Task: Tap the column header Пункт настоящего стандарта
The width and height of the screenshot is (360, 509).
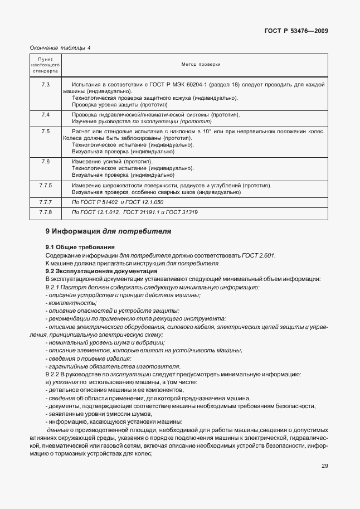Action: click(46, 65)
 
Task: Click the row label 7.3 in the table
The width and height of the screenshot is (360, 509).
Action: click(46, 84)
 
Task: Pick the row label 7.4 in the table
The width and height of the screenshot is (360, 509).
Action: click(46, 114)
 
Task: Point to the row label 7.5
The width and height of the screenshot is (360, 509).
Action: click(46, 130)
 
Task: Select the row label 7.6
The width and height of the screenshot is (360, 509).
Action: click(46, 161)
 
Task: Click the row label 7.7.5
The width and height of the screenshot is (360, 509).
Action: click(46, 185)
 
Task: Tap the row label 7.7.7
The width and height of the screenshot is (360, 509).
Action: click(46, 201)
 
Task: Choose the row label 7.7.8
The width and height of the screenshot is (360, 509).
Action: click(46, 212)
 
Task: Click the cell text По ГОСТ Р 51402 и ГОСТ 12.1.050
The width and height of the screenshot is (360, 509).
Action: click(118, 201)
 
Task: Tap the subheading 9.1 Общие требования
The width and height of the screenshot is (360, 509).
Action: click(80, 247)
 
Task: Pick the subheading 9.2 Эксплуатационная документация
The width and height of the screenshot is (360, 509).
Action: click(97, 271)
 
